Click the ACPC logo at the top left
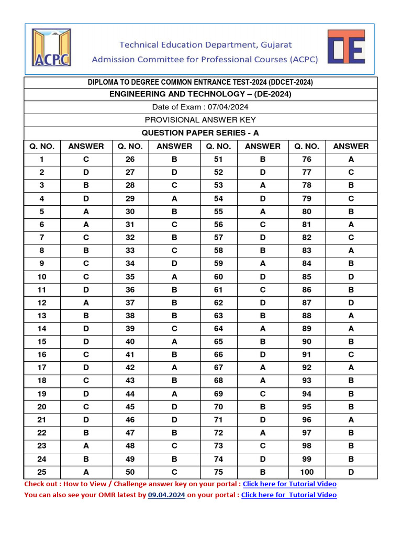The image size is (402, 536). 51,48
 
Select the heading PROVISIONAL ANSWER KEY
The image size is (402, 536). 200,120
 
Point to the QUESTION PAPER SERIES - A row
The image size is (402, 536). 200,133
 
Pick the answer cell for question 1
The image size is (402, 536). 86,159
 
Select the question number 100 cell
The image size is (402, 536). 307,472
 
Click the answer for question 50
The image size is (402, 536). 174,472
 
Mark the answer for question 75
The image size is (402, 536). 263,472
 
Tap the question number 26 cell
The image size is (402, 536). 130,159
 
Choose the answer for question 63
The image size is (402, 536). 263,316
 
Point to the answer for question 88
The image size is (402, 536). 351,316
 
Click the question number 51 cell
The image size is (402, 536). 218,159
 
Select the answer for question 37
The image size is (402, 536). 174,303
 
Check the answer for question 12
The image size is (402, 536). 86,303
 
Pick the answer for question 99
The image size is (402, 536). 351,459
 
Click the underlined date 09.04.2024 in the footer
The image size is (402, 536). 166,495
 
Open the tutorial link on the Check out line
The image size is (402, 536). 289,484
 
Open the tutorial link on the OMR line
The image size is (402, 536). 289,495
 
